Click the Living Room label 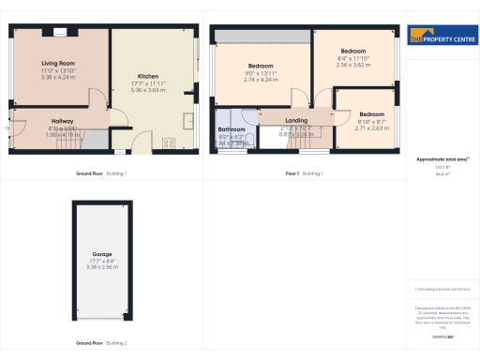pyautogui.click(x=57, y=63)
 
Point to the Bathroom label pyautogui.click(x=232, y=128)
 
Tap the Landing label pyautogui.click(x=297, y=120)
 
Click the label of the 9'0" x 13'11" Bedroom pyautogui.click(x=260, y=66)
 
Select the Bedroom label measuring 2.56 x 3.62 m pyautogui.click(x=352, y=51)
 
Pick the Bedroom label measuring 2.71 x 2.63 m pyautogui.click(x=372, y=114)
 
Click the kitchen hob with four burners pyautogui.click(x=171, y=142)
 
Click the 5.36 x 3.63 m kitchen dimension pyautogui.click(x=149, y=90)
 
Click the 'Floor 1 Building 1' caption pyautogui.click(x=304, y=174)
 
